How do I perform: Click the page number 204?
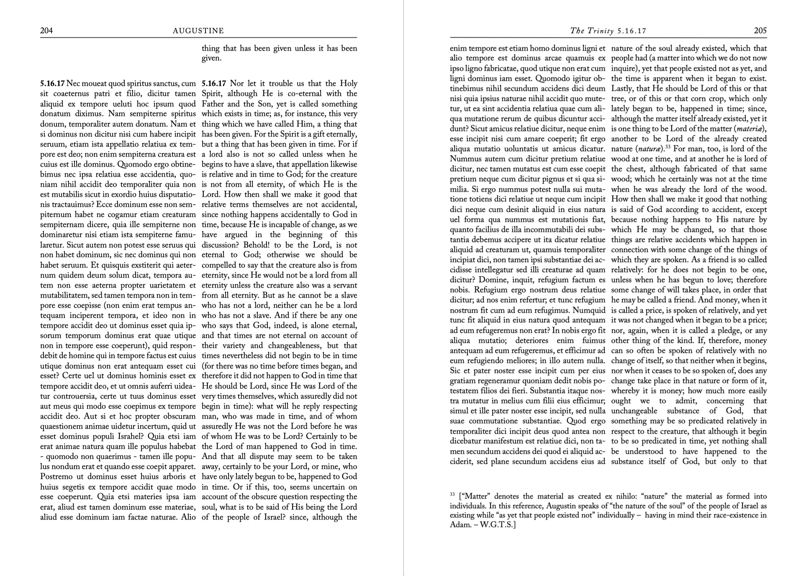pyautogui.click(x=46, y=31)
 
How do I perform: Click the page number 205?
pyautogui.click(x=760, y=31)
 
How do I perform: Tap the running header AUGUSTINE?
pyautogui.click(x=198, y=31)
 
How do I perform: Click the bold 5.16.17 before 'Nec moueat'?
pyautogui.click(x=52, y=83)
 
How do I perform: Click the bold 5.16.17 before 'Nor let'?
pyautogui.click(x=214, y=83)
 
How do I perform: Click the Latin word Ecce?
pyautogui.click(x=106, y=204)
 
